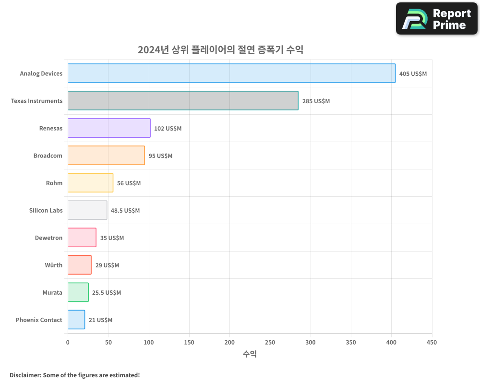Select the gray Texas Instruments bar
183,101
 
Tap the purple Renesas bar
109,128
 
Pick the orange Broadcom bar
106,156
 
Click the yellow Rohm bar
90,183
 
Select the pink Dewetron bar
82,238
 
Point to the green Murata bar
78,292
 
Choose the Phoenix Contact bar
76,320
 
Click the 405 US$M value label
413,74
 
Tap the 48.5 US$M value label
125,211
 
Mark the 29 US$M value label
107,265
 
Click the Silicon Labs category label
46,210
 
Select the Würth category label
53,265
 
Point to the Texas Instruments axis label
36,101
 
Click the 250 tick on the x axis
270,342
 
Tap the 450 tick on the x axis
432,342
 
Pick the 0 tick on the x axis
68,342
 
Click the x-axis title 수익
250,354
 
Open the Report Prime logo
436,19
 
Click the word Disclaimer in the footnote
24,375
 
